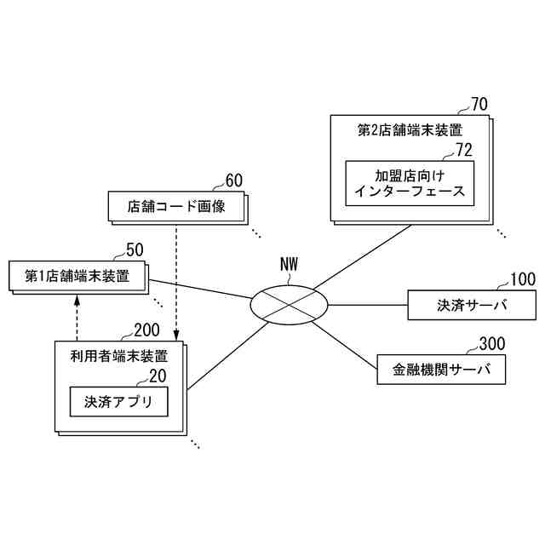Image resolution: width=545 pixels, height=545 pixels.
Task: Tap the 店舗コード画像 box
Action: tap(175, 205)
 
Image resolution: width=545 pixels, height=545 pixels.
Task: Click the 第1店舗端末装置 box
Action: tap(77, 276)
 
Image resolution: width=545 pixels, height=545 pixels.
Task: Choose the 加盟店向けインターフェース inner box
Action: tap(410, 182)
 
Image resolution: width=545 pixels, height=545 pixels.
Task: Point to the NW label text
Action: tap(290, 264)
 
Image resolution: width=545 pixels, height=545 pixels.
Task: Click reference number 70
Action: tap(479, 105)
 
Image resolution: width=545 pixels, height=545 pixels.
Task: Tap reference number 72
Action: tap(463, 150)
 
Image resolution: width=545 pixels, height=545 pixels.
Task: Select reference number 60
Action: tap(233, 181)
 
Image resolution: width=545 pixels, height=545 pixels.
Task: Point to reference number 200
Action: tap(147, 330)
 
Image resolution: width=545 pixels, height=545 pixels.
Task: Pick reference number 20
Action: tap(158, 376)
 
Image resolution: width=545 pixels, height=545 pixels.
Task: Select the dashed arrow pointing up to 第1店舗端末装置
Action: tap(77, 315)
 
